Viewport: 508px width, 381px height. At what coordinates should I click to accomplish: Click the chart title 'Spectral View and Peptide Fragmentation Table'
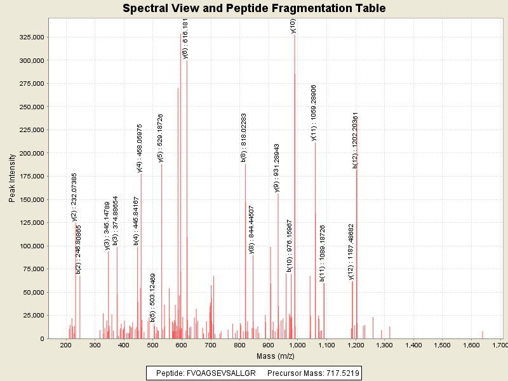coord(254,8)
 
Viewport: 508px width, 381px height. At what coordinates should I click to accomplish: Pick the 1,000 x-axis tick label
coord(297,345)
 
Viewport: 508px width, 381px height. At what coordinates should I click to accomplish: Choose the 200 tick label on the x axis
coord(65,345)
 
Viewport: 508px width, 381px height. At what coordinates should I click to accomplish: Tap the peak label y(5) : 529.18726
coord(161,138)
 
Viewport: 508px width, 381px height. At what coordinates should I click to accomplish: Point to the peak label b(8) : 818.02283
coord(244,138)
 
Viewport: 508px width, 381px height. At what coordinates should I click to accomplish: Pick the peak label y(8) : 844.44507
coord(252,230)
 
